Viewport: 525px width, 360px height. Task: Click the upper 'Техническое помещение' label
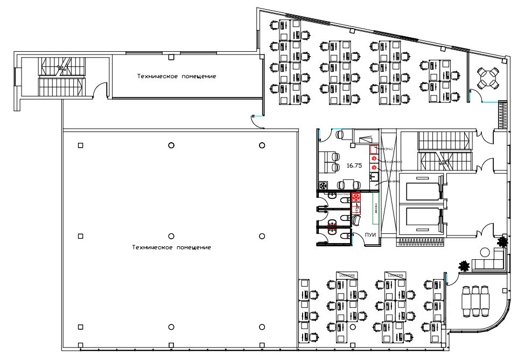177,77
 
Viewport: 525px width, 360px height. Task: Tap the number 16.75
354,166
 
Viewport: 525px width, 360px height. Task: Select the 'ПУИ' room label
369,234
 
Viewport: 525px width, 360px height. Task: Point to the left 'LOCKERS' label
347,275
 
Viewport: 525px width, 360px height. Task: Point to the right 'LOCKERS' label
395,275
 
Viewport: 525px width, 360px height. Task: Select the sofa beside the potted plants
489,264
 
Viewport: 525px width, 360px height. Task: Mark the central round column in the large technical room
171,236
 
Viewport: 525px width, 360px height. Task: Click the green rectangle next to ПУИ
375,207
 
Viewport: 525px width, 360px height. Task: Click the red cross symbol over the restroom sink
355,197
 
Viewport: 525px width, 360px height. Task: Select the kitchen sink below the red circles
373,177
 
